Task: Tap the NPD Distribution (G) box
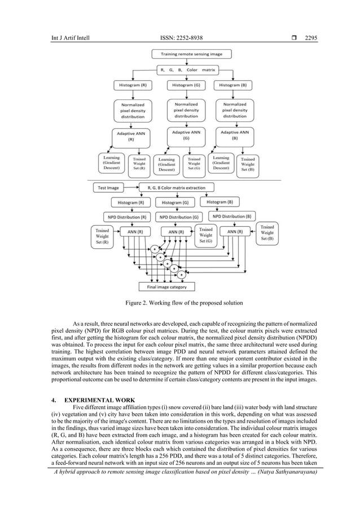179,217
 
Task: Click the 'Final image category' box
166,287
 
